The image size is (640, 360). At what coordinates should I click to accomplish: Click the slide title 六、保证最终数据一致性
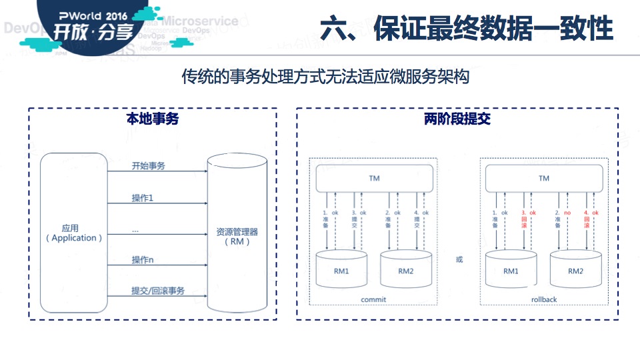point(467,29)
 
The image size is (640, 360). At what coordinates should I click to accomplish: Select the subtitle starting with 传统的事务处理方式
point(325,77)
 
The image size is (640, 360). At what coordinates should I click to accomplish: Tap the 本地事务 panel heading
point(153,119)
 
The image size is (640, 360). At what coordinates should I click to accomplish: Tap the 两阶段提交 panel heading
point(457,119)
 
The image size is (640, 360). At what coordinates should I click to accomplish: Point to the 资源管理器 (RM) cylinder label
point(237,237)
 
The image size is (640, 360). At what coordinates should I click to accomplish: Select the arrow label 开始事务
point(148,166)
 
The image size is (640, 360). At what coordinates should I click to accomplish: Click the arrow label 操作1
point(143,198)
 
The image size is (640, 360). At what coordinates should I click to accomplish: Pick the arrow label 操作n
point(143,259)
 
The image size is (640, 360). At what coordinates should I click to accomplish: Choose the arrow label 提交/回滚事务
point(158,291)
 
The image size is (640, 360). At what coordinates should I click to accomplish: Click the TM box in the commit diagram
point(374,178)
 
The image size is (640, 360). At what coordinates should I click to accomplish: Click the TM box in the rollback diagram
point(544,178)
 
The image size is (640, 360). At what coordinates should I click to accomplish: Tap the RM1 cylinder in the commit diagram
point(341,271)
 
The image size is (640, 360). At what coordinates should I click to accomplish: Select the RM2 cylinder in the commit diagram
point(405,271)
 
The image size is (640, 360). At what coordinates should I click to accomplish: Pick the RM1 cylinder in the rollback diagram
point(511,271)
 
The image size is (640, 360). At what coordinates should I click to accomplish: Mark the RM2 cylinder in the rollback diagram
point(575,271)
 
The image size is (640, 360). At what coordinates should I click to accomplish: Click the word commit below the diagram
point(373,299)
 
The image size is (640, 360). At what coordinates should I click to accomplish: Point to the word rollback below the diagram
point(544,299)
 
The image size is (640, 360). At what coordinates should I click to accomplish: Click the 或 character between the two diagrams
point(459,259)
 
